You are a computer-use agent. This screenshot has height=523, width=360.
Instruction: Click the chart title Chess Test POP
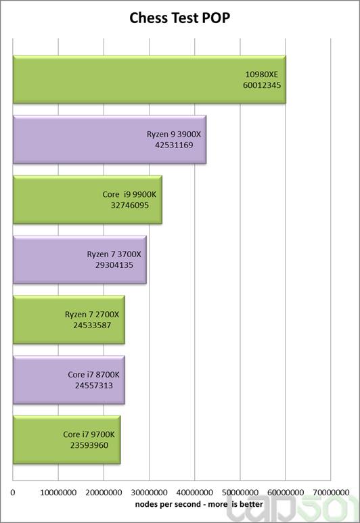180,18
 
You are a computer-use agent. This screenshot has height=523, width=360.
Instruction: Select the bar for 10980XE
149,79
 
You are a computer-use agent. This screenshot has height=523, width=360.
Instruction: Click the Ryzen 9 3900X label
174,134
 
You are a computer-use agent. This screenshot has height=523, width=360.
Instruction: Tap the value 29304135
114,266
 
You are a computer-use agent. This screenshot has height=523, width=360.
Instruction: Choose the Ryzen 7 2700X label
92,315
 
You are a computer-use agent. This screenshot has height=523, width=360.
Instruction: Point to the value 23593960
89,445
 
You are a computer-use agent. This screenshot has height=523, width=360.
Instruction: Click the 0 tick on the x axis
13,493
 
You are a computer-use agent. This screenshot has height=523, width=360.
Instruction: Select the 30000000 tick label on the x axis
149,493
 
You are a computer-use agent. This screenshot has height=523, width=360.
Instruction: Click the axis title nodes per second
198,504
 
